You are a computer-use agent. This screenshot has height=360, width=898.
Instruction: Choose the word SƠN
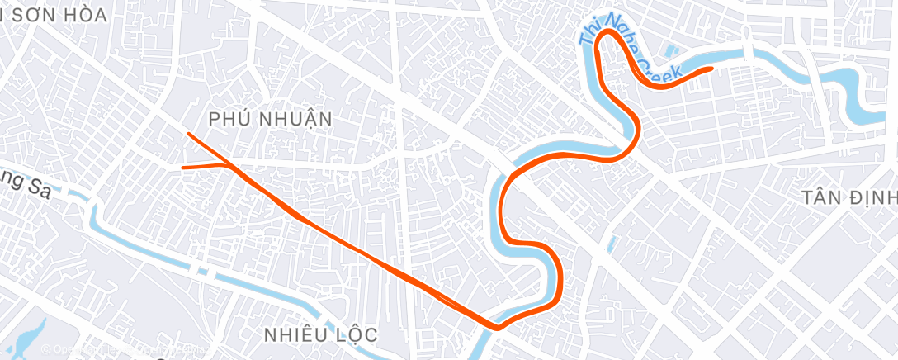pyautogui.click(x=37, y=15)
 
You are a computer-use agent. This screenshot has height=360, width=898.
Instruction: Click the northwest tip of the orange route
pyautogui.click(x=190, y=134)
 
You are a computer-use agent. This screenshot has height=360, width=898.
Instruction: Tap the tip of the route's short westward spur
pyautogui.click(x=183, y=167)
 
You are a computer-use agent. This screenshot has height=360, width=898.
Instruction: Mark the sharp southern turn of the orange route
pyautogui.click(x=497, y=327)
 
